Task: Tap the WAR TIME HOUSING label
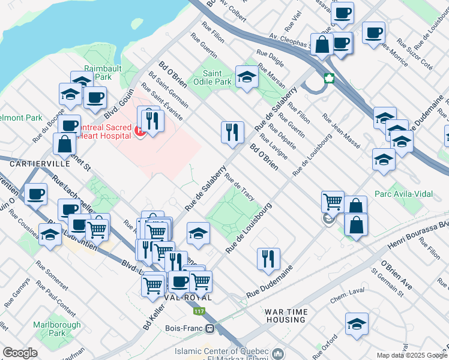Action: tap(286, 316)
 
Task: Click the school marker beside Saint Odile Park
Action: tap(247, 76)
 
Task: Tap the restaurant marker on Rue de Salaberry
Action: tap(232, 132)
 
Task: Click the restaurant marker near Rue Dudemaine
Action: tap(268, 258)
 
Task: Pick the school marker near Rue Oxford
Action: tap(357, 323)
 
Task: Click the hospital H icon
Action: tap(139, 130)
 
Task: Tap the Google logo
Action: tap(20, 353)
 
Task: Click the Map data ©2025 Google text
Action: tap(412, 355)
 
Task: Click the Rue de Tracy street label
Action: tap(240, 187)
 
